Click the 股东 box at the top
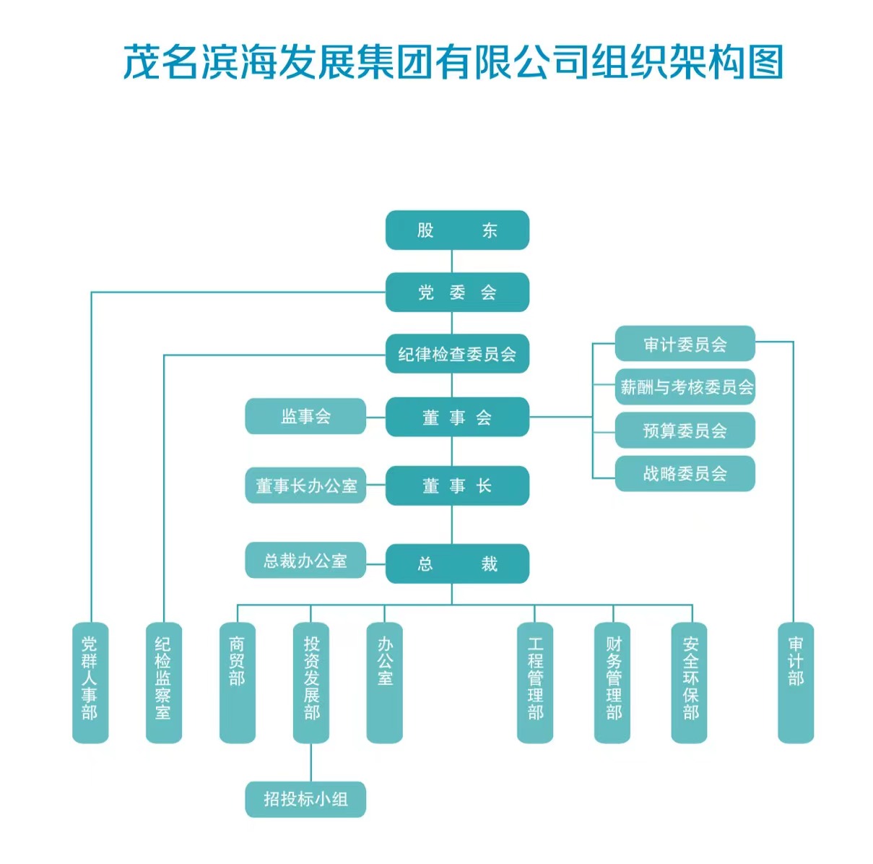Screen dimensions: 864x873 [457, 230]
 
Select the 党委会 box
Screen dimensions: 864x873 [457, 293]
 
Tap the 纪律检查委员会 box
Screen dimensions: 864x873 [457, 354]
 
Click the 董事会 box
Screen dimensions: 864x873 [457, 418]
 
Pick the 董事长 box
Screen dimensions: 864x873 [457, 486]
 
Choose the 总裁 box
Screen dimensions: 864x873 [457, 563]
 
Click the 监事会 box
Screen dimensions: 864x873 [305, 417]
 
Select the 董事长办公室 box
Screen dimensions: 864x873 [305, 486]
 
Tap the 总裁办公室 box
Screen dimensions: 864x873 [305, 561]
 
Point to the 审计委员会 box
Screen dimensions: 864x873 [685, 345]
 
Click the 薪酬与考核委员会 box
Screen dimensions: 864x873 [685, 387]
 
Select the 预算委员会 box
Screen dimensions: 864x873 [685, 431]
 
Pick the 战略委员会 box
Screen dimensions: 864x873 [685, 474]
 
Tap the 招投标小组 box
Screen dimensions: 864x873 [305, 799]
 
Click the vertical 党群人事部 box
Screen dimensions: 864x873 [90, 682]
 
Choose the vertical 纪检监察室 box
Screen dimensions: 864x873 [164, 682]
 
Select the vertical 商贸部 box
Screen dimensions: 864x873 [238, 682]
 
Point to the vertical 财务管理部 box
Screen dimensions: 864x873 [612, 682]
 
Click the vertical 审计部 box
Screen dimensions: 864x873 [796, 682]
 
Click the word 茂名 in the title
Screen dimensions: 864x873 [160, 62]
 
